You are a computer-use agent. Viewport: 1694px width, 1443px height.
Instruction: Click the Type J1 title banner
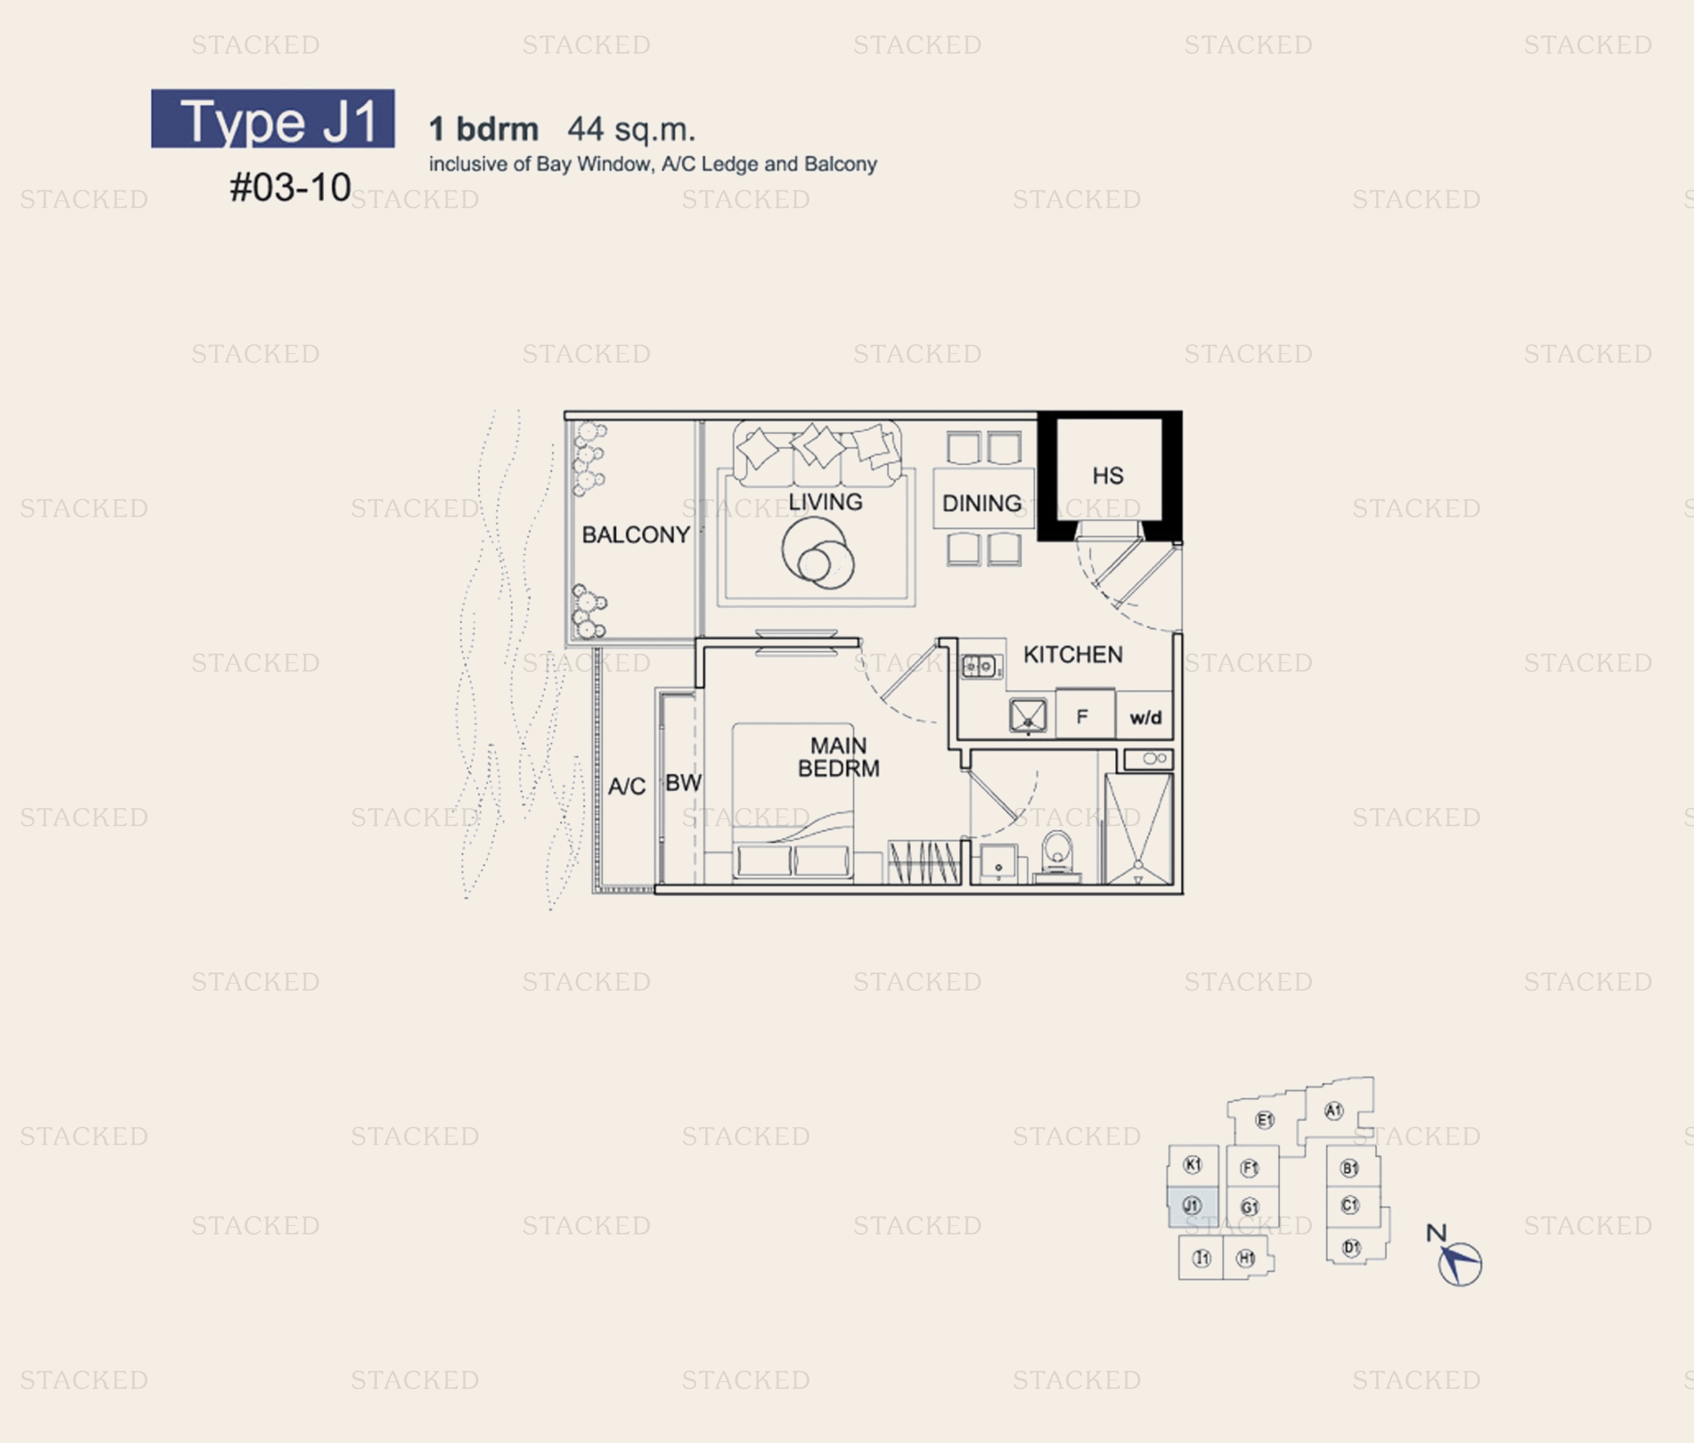pos(272,119)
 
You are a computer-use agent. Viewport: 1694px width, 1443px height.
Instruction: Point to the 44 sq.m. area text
pos(631,129)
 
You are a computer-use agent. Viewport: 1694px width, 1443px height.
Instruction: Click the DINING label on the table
pos(982,504)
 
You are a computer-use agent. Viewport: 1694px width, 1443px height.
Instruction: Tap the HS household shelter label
pos(1108,476)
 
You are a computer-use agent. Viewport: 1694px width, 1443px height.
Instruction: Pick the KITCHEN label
pos(1073,654)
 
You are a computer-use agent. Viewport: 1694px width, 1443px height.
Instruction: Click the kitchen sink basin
pos(1027,715)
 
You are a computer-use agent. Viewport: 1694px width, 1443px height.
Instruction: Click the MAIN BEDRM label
pos(839,757)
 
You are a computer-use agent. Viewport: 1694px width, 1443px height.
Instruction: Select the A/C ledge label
pos(627,787)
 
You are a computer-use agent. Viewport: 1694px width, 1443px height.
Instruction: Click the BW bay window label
pos(683,783)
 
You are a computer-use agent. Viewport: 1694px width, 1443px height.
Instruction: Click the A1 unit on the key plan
pos(1333,1110)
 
